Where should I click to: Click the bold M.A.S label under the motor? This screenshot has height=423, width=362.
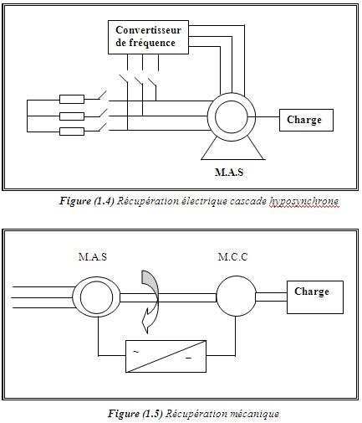[x=229, y=172]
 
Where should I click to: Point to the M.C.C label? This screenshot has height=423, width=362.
[x=232, y=256]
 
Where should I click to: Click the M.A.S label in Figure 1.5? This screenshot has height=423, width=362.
[x=93, y=256]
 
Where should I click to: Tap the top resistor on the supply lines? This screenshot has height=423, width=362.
[x=72, y=99]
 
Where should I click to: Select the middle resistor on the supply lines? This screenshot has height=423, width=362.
[x=72, y=116]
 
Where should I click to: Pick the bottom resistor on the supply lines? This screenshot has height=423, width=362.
[x=72, y=132]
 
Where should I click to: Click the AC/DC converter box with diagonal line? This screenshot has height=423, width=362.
[x=166, y=356]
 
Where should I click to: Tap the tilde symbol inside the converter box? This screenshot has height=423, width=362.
[x=135, y=352]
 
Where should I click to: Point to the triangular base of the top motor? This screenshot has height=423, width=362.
[x=233, y=159]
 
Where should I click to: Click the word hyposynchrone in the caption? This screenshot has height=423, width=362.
[x=303, y=201]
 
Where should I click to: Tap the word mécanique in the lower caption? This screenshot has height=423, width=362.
[x=253, y=414]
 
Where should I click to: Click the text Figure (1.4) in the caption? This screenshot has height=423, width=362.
[x=87, y=201]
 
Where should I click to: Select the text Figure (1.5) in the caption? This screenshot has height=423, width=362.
[x=135, y=414]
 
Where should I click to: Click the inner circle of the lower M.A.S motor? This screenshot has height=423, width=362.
[x=96, y=281]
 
